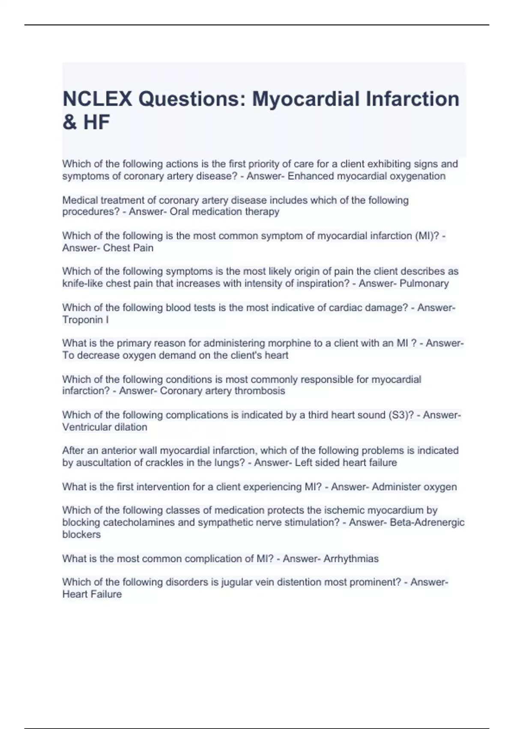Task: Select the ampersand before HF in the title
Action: coord(69,122)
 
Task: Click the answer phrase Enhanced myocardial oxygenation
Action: coord(366,176)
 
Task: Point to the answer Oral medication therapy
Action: coord(224,211)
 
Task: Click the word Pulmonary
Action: coord(424,283)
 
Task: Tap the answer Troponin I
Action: coord(85,319)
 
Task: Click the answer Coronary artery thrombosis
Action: coord(222,391)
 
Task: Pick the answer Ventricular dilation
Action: coord(105,427)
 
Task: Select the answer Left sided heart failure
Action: coord(346,463)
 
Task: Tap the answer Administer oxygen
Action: coord(414,487)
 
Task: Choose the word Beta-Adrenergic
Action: coord(427,522)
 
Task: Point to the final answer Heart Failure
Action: coord(92,594)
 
